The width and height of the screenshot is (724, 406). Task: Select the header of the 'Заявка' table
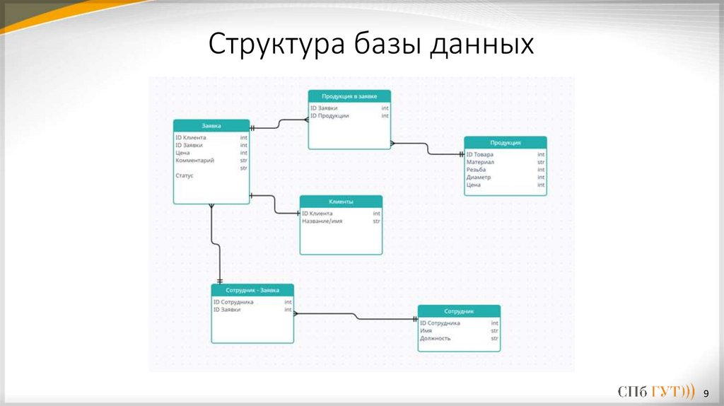pos(211,125)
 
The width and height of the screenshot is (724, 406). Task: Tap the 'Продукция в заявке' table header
pos(349,96)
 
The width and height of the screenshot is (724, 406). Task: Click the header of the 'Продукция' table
pos(505,142)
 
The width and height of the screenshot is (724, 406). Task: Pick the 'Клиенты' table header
pos(341,202)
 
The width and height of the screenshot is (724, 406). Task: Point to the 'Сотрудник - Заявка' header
pos(252,290)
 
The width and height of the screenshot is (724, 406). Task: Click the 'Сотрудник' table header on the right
pos(459,311)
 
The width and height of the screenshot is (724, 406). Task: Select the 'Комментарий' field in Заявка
pos(194,161)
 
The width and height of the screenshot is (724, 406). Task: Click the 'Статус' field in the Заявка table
pos(185,175)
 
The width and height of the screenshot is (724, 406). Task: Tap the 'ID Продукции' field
pos(329,115)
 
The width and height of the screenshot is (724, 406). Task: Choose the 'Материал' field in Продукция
pos(480,162)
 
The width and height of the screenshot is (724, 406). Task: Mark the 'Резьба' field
pos(476,170)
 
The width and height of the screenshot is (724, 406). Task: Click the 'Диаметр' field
pos(478,178)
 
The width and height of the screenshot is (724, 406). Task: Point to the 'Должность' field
pos(435,338)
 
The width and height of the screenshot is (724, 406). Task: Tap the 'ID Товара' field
pos(480,154)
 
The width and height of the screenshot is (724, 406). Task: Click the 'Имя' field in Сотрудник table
pos(426,330)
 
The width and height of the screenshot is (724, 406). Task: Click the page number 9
pos(705,392)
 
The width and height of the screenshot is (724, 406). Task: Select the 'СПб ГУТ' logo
pos(655,392)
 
